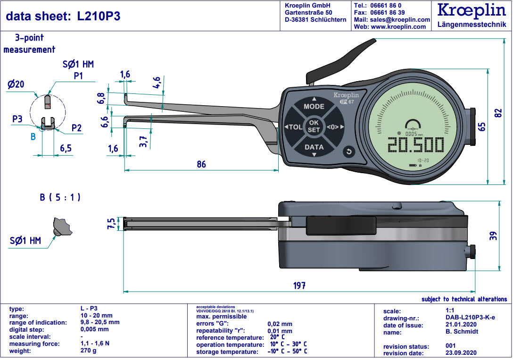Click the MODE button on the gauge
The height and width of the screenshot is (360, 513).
[x=314, y=106]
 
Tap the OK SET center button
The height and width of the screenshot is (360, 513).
[x=314, y=126]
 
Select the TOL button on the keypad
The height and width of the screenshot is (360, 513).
[x=294, y=127]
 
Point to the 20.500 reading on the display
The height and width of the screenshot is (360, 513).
[x=414, y=144]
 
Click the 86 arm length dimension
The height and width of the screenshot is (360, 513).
[x=201, y=165]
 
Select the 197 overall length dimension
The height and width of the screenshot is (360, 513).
[x=299, y=285]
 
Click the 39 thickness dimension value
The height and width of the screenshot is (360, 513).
[x=494, y=235]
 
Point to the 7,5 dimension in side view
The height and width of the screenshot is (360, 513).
[x=112, y=224]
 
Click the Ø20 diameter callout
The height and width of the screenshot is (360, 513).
[x=16, y=84]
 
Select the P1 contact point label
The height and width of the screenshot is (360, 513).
[x=78, y=75]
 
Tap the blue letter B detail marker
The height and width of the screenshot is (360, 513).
[x=33, y=137]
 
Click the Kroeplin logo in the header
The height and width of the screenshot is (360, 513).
[x=472, y=10]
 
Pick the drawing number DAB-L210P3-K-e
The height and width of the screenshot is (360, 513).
[x=470, y=318]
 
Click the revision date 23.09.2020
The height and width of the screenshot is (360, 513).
[x=462, y=353]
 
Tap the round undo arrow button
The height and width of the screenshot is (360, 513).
[x=348, y=151]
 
